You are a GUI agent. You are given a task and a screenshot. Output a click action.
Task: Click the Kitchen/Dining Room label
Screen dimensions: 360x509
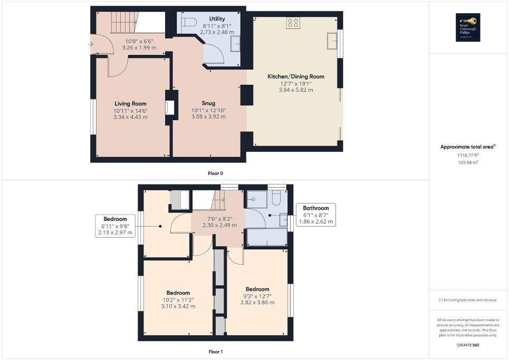click(x=302, y=76)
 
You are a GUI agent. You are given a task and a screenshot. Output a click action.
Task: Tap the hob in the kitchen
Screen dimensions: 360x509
click(x=293, y=23)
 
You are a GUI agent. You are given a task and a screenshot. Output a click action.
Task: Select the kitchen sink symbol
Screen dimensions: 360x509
click(x=332, y=40)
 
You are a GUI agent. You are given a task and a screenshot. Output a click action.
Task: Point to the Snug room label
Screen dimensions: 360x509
click(x=208, y=103)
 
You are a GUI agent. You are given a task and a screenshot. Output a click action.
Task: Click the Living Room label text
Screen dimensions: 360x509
click(x=130, y=103)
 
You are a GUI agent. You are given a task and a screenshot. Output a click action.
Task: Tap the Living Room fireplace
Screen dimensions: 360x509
click(x=169, y=108)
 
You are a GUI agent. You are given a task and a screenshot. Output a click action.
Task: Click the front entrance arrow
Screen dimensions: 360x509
click(x=91, y=44)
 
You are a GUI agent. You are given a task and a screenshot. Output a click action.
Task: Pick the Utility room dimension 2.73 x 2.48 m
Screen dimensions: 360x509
click(x=217, y=33)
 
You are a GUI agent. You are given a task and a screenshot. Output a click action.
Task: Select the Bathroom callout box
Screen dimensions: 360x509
click(x=315, y=215)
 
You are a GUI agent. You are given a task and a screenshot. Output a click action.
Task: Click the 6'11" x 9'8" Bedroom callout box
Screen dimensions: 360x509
click(x=115, y=226)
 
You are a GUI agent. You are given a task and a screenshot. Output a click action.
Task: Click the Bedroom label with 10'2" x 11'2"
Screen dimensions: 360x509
click(x=178, y=293)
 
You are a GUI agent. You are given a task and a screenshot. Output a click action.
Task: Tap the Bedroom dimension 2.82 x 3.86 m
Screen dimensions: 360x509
click(x=257, y=303)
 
